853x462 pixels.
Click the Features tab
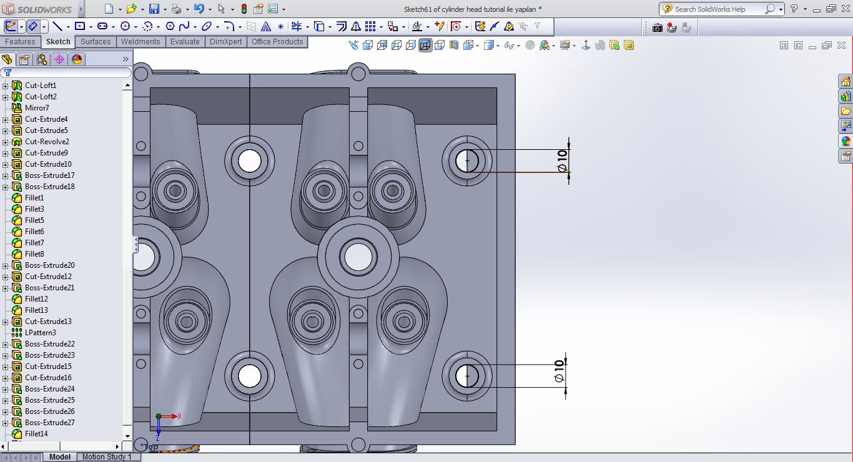[20, 42]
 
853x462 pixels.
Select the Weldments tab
[140, 42]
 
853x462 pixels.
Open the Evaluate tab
[185, 42]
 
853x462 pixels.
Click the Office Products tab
[277, 42]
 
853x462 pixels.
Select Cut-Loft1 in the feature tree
[41, 86]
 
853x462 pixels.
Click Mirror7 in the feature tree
[37, 108]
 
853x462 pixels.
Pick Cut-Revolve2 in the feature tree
[47, 142]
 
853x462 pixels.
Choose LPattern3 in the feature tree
[40, 333]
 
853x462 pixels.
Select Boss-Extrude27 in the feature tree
[49, 423]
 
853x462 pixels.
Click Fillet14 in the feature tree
[36, 434]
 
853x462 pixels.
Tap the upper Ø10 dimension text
[562, 161]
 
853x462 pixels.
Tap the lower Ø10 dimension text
[560, 370]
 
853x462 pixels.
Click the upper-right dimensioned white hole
[466, 160]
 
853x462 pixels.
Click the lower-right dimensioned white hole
[466, 376]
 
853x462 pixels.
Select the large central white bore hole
[358, 257]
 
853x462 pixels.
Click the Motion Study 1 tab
[107, 457]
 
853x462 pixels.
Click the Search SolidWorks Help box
[718, 9]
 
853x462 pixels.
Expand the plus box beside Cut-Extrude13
[6, 322]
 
